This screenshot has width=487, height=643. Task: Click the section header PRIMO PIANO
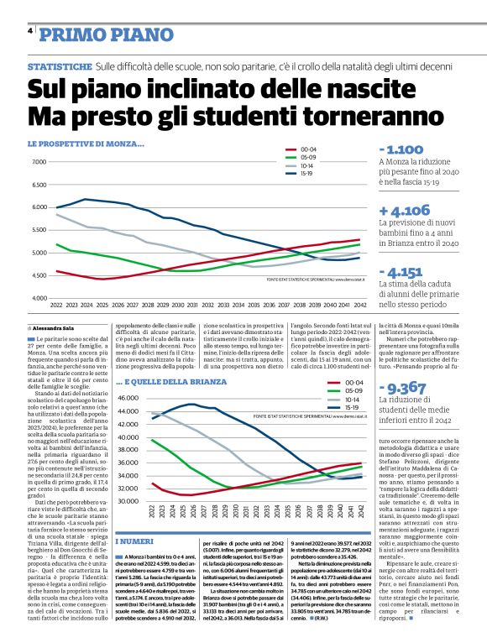[x=93, y=34]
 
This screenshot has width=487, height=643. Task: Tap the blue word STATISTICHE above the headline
[x=60, y=66]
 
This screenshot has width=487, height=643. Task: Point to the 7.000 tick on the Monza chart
[x=38, y=162]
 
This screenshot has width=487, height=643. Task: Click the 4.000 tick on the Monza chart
[x=38, y=298]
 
